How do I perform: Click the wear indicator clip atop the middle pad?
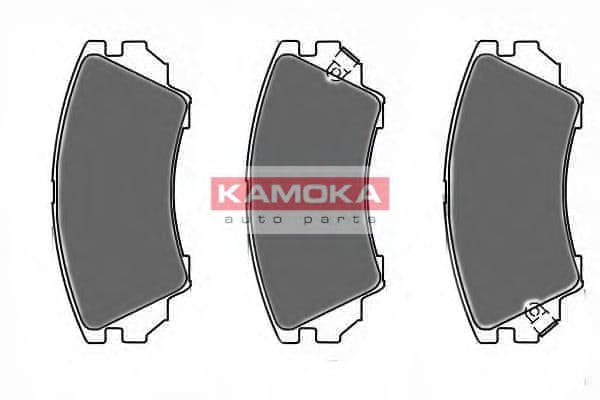tap(341, 68)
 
